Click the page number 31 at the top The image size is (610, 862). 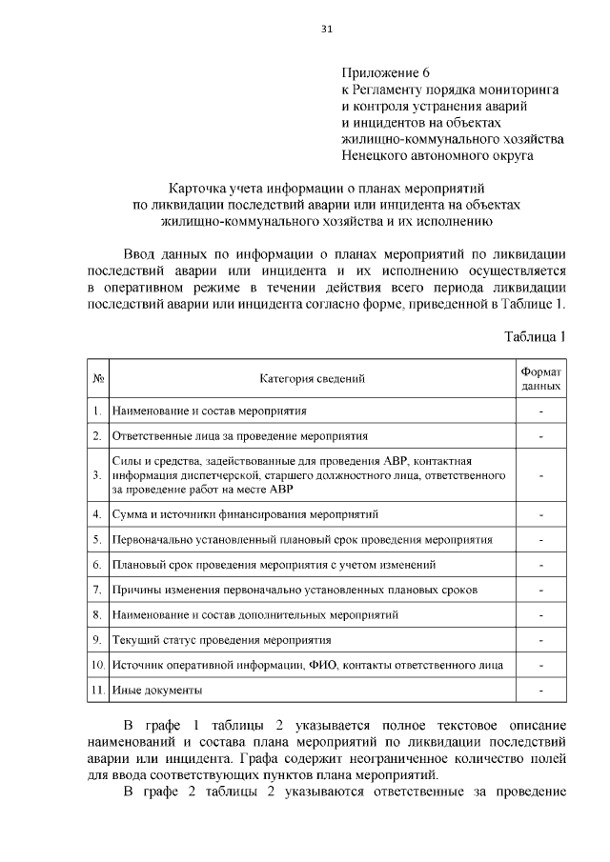326,30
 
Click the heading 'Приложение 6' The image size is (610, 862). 387,72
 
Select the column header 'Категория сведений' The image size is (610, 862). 313,379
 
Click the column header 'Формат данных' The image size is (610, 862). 541,379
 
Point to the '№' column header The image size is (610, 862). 97,379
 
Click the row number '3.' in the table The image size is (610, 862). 97,474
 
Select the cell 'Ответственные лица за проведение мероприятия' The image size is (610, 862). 239,436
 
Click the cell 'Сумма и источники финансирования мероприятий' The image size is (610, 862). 245,514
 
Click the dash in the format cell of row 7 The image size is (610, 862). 541,590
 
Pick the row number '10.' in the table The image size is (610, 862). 97,664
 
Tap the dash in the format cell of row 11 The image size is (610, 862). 541,689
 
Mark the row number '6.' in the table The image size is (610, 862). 97,565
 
